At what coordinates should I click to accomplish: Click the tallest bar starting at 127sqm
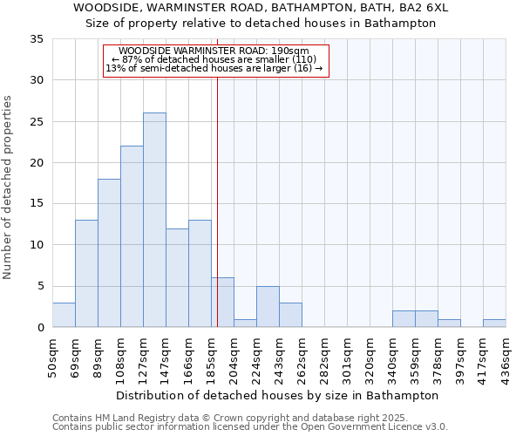point(154,220)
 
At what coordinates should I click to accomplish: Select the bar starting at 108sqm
point(132,236)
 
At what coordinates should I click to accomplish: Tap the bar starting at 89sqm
point(109,253)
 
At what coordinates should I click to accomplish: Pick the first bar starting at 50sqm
point(64,315)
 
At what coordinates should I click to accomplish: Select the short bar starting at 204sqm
point(245,323)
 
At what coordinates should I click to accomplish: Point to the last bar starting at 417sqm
point(494,323)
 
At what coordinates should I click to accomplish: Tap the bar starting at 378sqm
point(449,323)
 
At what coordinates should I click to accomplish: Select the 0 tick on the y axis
point(39,328)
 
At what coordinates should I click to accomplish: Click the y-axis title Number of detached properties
point(9,187)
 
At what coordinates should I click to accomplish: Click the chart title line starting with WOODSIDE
point(261,8)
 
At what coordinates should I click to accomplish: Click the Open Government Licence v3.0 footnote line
point(250,427)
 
